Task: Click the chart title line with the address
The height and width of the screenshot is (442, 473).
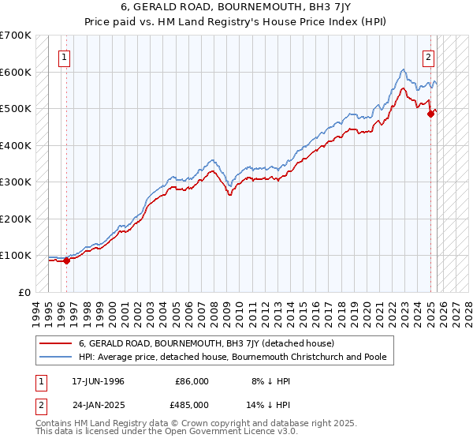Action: coord(236,6)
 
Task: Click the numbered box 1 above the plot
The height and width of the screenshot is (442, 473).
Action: coord(64,56)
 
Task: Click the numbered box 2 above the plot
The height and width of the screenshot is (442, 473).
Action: coord(429,56)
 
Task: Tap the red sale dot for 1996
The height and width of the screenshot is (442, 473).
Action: coord(67,261)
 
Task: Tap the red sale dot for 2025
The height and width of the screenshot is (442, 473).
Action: coord(430,114)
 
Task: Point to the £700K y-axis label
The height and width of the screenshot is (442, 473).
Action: coord(16,36)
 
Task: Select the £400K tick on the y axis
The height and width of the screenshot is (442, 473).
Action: coord(16,145)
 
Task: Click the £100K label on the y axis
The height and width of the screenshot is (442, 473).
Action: coord(16,255)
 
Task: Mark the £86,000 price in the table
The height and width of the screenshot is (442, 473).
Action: coord(192,381)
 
